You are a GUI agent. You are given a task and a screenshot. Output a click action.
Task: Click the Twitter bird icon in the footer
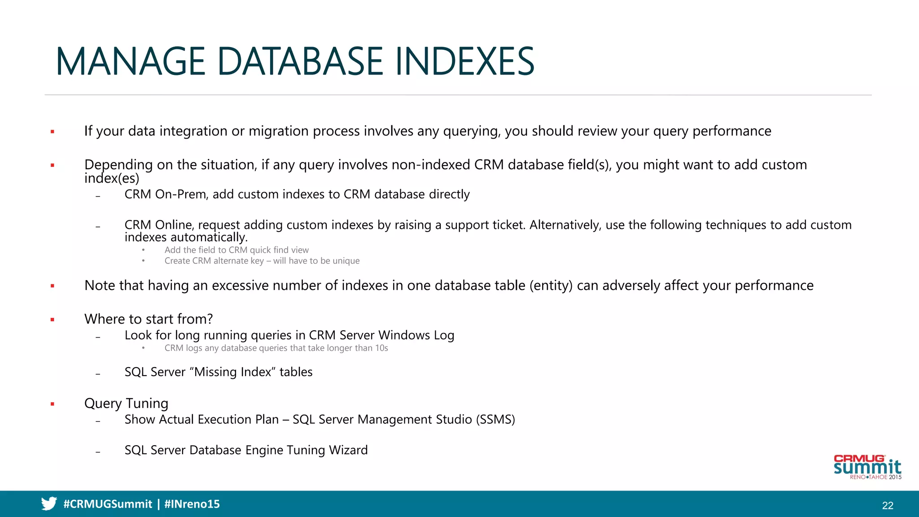point(49,504)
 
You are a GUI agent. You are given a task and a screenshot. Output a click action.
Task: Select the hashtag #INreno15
point(192,504)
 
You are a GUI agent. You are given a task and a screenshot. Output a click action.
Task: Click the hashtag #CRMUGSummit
point(108,504)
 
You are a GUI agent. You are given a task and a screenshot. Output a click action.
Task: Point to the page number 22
point(887,505)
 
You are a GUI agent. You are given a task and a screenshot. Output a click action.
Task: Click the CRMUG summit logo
point(867,467)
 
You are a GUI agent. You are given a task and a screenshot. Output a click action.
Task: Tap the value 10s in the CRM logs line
point(381,348)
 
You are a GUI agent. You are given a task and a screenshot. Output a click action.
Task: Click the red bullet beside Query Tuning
point(53,404)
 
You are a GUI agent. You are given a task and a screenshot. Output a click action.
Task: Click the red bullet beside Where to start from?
point(53,320)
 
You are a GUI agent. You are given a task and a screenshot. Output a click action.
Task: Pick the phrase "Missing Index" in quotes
point(232,372)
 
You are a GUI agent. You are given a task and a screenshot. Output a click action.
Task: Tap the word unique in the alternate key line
point(346,261)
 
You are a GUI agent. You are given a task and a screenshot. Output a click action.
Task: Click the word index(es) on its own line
point(112,179)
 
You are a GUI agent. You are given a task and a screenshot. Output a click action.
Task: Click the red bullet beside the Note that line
point(53,286)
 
